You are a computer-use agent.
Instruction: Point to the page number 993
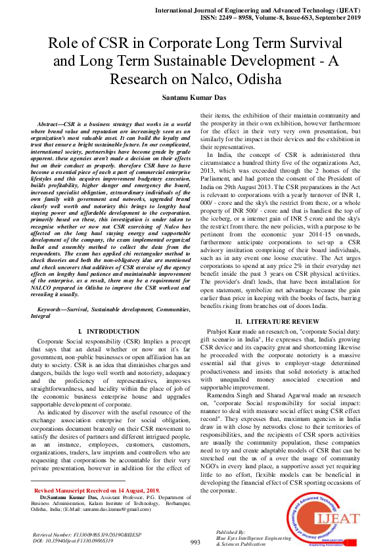pyautogui.click(x=195, y=542)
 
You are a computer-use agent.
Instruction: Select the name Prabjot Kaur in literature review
pyautogui.click(x=243, y=332)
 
